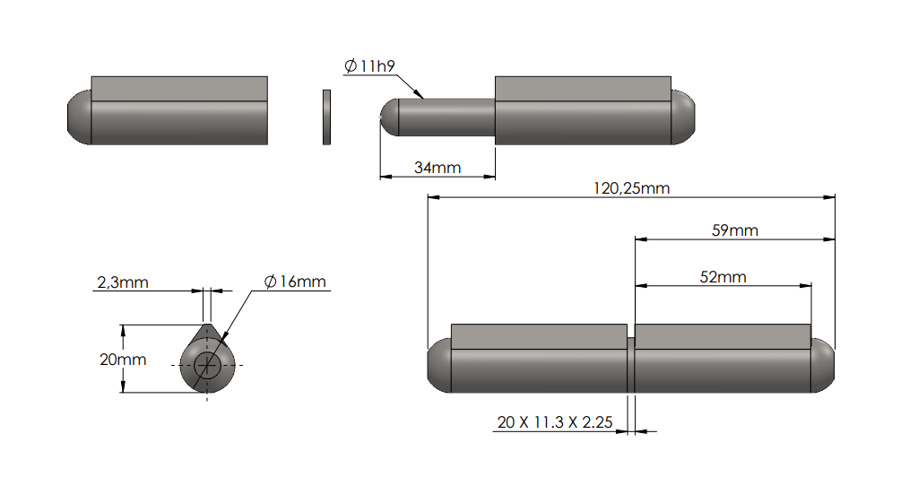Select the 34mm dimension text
pyautogui.click(x=437, y=168)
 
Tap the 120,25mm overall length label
pyautogui.click(x=631, y=188)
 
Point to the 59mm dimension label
pyautogui.click(x=734, y=230)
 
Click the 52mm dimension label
pyautogui.click(x=723, y=277)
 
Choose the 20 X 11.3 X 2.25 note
pyautogui.click(x=554, y=422)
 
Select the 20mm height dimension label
pyautogui.click(x=123, y=360)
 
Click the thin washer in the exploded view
pyautogui.click(x=326, y=117)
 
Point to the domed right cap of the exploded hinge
pyautogui.click(x=683, y=117)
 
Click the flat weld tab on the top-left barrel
pyautogui.click(x=179, y=88)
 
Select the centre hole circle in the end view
pyautogui.click(x=208, y=365)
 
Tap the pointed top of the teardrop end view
pyautogui.click(x=208, y=328)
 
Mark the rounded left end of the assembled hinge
pyautogui.click(x=437, y=366)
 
